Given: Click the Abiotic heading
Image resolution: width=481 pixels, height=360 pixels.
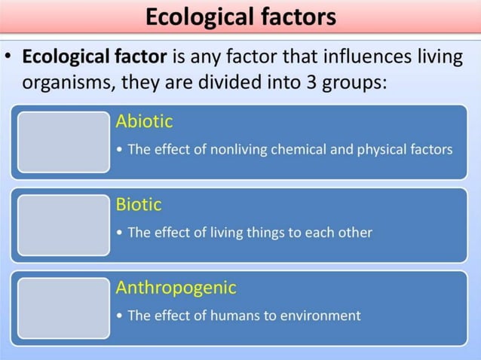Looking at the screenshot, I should click(144, 121).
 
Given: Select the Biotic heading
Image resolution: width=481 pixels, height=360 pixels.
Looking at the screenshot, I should click(139, 204).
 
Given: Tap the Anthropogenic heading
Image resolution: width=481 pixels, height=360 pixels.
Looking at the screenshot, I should click(176, 288).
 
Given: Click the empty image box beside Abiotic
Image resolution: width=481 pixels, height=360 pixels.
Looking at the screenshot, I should click(63, 142).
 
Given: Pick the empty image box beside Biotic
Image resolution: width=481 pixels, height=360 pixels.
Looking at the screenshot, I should click(63, 224).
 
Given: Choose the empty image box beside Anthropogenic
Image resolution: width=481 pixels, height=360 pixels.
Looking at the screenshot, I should click(63, 307).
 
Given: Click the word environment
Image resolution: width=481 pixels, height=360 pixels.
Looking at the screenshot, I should click(322, 316).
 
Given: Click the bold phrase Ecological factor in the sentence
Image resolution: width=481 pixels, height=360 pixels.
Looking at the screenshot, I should click(96, 57).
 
